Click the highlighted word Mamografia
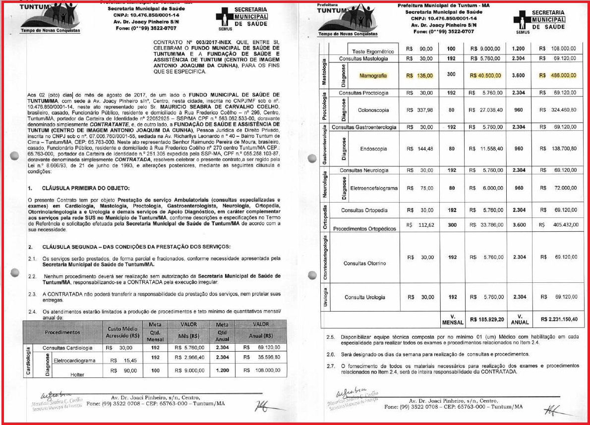click(x=373, y=76)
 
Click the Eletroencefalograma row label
click(x=374, y=188)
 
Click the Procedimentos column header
click(x=63, y=332)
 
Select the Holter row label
click(x=77, y=375)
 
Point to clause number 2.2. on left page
click(x=33, y=276)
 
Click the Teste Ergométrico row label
click(x=372, y=52)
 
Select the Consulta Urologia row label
click(x=365, y=297)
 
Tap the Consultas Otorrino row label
click(x=365, y=263)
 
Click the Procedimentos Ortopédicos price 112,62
click(x=419, y=224)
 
